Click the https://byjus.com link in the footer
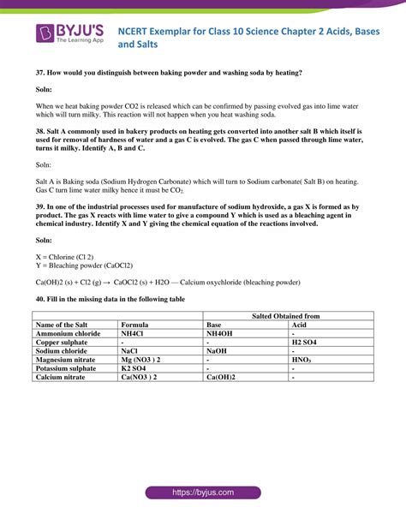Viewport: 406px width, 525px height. (x=202, y=493)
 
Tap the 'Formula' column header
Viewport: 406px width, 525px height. (x=136, y=325)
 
